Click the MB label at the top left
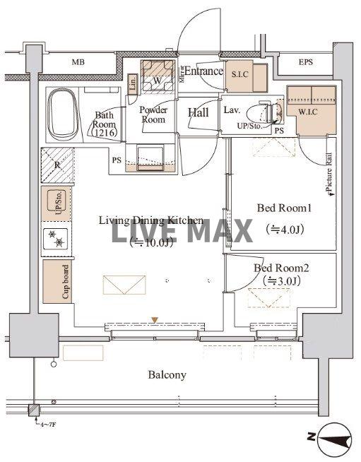point(78,62)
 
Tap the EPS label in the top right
point(305,62)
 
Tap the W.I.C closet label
point(308,110)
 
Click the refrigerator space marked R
point(57,167)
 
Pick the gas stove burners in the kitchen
point(56,239)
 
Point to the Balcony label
point(167,374)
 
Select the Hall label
point(198,112)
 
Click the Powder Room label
point(152,114)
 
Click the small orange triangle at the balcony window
point(155,320)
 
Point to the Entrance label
point(204,71)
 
